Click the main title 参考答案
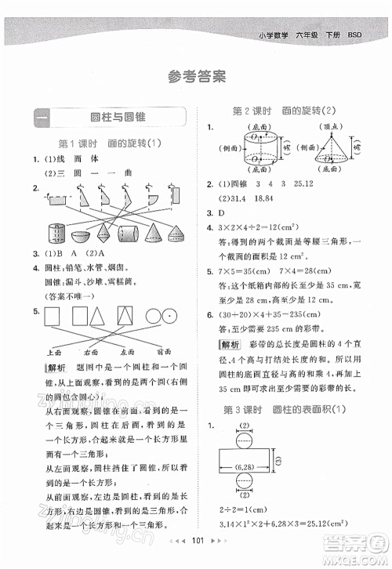(x=196, y=77)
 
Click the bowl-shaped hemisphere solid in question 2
(x=78, y=236)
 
